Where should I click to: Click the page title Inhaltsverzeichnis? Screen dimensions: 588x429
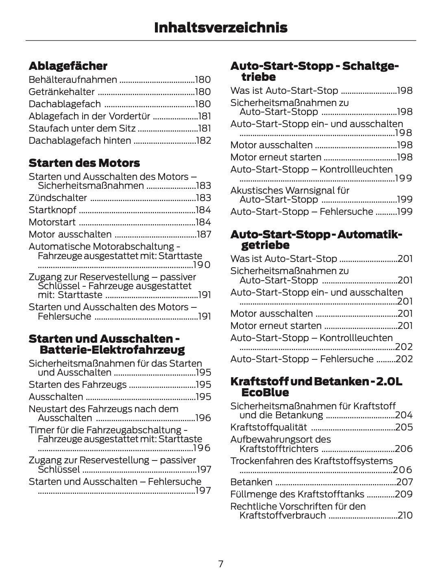point(220,28)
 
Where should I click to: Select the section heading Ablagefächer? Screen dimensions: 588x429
point(68,66)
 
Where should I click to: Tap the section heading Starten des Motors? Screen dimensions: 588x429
point(84,163)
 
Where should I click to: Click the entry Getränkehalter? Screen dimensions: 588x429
point(61,92)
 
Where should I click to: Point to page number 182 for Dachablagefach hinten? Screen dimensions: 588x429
point(203,141)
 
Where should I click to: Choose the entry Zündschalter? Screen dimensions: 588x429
point(58,198)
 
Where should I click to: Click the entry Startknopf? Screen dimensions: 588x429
point(52,210)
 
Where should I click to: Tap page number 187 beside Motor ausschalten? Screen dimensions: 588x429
point(204,234)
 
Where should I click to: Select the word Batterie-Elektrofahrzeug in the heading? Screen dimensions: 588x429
point(112,350)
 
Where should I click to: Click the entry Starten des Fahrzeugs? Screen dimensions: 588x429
point(78,385)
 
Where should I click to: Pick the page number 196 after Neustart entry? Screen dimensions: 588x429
point(203,418)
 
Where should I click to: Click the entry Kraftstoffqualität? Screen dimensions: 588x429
point(268,427)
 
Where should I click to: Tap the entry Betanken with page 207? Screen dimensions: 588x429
point(251,482)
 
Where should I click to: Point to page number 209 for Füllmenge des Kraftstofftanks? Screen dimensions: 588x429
point(404,494)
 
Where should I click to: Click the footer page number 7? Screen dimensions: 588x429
point(220,564)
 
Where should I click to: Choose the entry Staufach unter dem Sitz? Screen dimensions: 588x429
point(82,129)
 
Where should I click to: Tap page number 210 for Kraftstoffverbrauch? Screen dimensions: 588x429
point(405,515)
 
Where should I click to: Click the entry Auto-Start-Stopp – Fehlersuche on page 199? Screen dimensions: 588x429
point(301,212)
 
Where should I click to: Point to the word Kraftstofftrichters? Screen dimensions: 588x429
point(279,449)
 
